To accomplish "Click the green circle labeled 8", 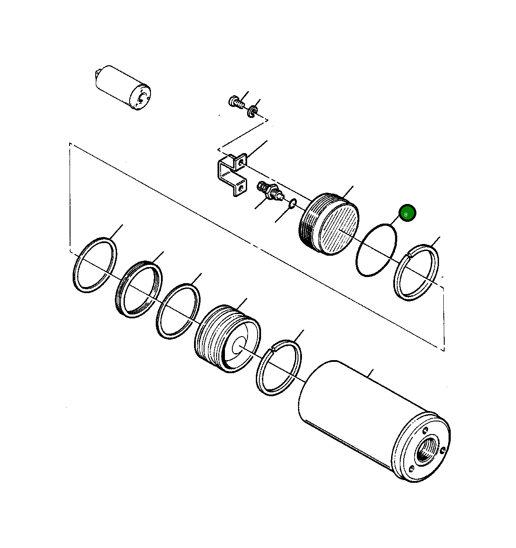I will tap(407, 213).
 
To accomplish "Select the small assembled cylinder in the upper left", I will tap(122, 88).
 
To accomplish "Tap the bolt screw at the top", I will tap(235, 102).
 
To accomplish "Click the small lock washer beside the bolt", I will tap(252, 112).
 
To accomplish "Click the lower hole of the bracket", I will tap(238, 189).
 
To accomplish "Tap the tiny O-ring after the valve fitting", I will tap(293, 203).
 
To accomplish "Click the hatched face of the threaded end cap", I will tap(339, 230).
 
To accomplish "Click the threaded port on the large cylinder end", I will tap(424, 453).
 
